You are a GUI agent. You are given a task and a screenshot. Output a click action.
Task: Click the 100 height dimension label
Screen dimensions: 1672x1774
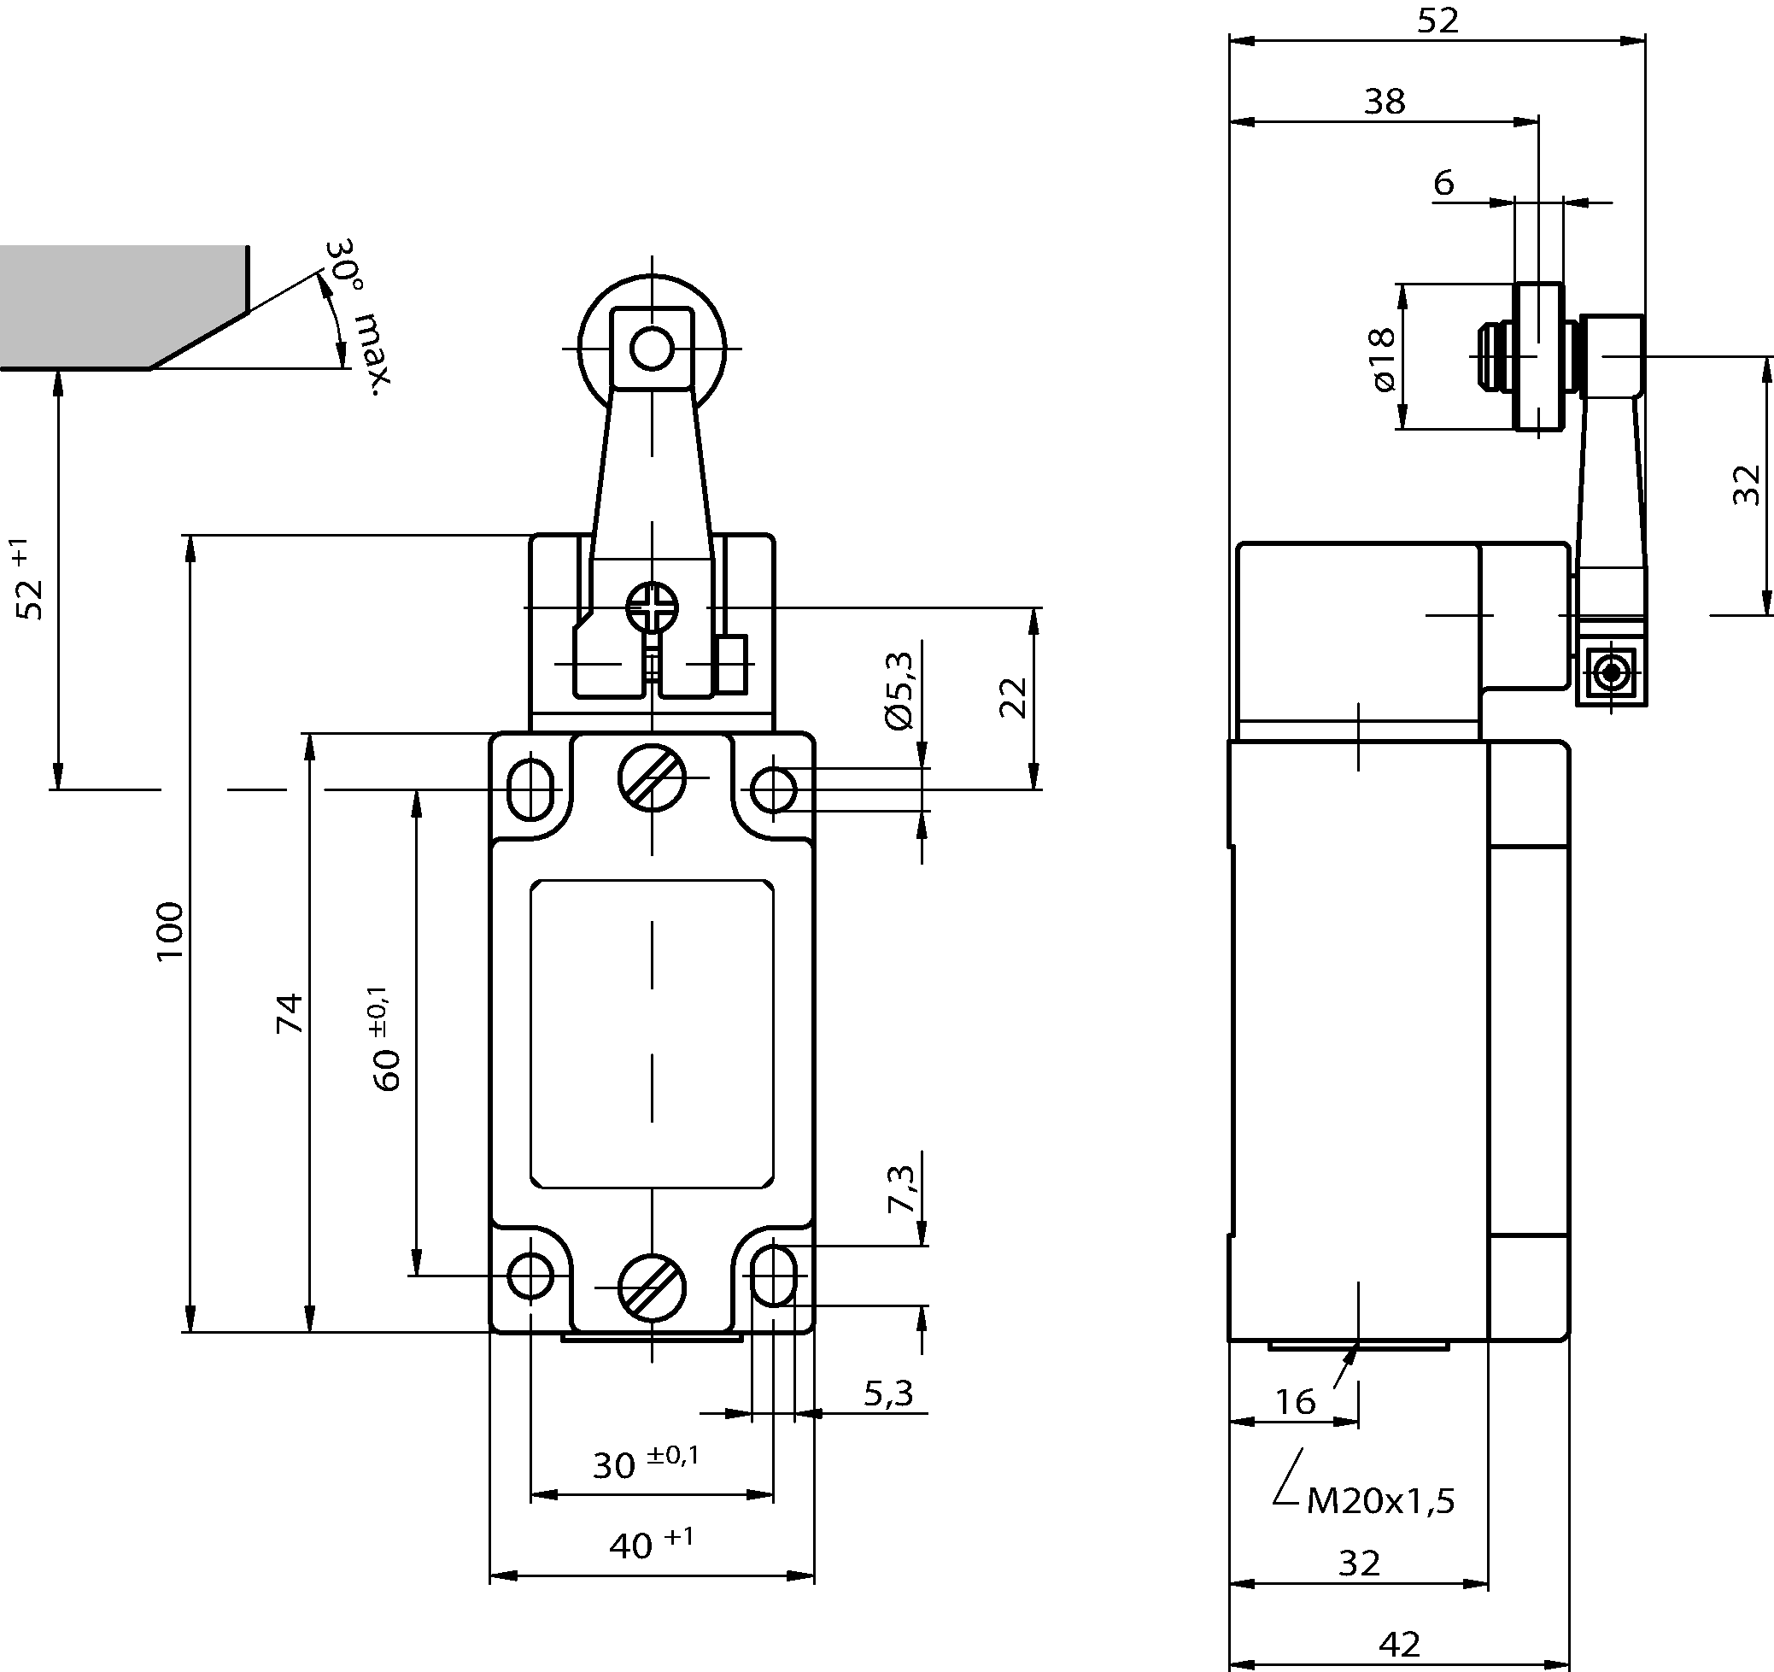coord(170,931)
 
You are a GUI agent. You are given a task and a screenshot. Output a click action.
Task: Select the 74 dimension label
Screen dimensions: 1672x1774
coord(290,1013)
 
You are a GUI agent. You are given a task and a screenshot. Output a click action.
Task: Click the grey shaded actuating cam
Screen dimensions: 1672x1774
coord(116,303)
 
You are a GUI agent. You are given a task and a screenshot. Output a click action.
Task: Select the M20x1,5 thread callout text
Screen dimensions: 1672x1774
coord(1379,1500)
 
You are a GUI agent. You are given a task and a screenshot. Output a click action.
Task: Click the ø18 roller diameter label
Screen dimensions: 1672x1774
coord(1381,359)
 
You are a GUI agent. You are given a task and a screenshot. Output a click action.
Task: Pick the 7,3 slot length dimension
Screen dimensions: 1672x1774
coord(901,1189)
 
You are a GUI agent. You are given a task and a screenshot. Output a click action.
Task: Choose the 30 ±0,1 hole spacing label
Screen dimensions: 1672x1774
coord(645,1462)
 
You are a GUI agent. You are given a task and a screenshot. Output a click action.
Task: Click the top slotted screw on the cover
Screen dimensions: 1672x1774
coord(653,777)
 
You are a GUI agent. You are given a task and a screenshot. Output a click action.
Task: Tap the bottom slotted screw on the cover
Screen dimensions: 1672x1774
coord(653,1288)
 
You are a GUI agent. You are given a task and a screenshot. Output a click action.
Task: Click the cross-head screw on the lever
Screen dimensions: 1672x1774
coord(653,608)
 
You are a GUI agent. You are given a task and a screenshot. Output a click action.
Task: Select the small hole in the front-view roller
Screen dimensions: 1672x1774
coord(652,349)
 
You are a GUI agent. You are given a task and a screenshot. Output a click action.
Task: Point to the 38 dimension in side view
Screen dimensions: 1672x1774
coord(1384,102)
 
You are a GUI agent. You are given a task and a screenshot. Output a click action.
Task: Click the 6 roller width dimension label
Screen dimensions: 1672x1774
coord(1443,183)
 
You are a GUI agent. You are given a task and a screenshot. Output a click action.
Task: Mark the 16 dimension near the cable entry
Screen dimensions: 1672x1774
coord(1294,1402)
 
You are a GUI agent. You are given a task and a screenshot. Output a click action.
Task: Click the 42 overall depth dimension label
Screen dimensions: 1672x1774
coord(1398,1644)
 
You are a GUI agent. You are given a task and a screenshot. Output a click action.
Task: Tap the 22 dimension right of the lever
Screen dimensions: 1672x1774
coord(1013,697)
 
